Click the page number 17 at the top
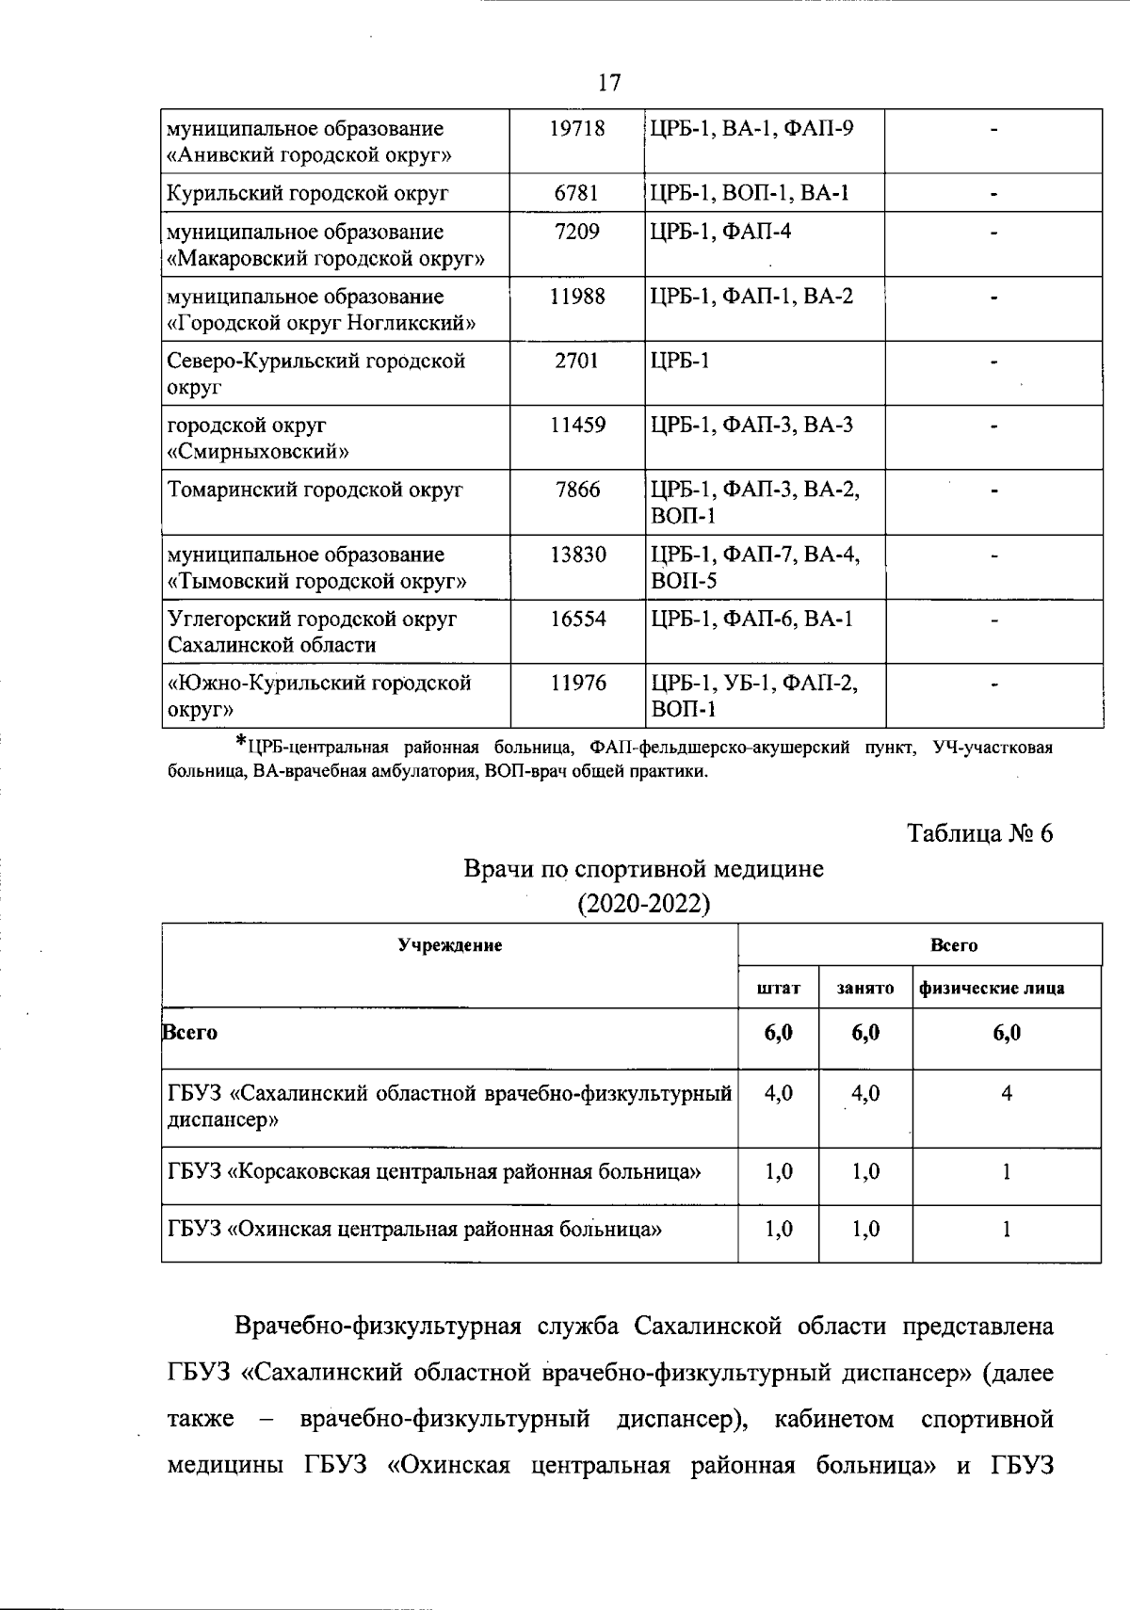609,83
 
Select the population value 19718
577,128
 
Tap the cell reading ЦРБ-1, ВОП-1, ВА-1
750,193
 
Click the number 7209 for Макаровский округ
577,232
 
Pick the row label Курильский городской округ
308,194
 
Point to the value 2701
577,361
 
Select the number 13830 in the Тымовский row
577,555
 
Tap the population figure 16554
577,619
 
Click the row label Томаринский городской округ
315,490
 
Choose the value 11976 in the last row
577,683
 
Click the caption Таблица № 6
979,833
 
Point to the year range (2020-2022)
643,904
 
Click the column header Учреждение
449,945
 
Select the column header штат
779,989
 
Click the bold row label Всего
190,1032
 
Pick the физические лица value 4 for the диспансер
1007,1094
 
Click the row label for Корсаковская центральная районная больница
434,1172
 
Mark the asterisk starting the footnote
241,743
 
